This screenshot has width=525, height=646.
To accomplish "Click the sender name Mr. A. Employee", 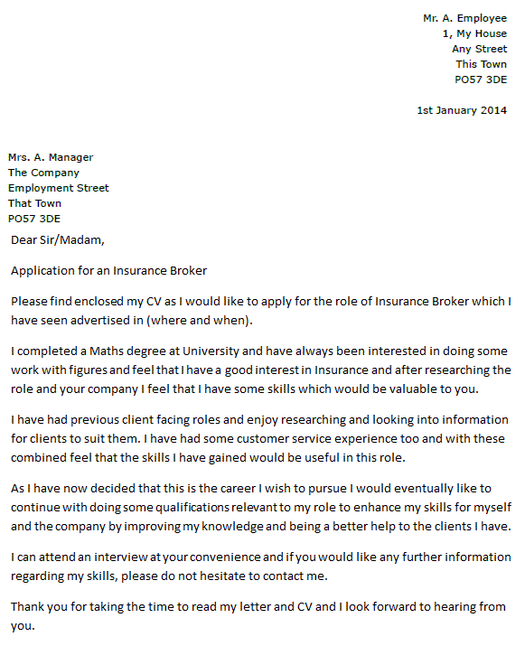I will (x=464, y=18).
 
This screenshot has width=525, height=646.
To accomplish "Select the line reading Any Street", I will (x=479, y=49).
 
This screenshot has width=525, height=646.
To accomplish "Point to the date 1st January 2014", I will (x=462, y=110).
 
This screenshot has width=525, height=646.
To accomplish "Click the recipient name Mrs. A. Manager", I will (x=51, y=157).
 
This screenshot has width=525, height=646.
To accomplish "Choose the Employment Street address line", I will (x=59, y=188).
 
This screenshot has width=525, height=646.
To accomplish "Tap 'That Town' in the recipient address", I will (x=35, y=203).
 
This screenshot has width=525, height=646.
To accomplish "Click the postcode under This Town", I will (x=481, y=80).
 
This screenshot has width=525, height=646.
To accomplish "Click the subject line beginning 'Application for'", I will (x=108, y=270).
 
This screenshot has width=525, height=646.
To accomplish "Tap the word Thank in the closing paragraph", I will (x=28, y=607).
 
